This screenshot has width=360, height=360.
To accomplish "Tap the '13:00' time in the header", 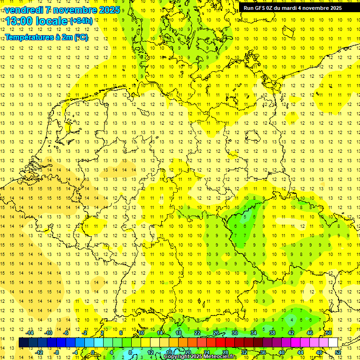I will pyautogui.click(x=19, y=21).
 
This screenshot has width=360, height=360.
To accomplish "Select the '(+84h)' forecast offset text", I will pyautogui.click(x=81, y=21).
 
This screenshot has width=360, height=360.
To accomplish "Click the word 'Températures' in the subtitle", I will pyautogui.click(x=28, y=37).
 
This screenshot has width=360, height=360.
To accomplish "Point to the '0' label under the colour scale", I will pyautogui.click(x=93, y=352).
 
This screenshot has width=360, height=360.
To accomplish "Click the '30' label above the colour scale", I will pyautogui.click(x=234, y=333).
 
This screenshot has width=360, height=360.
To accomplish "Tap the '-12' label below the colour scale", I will pyautogui.click(x=39, y=352).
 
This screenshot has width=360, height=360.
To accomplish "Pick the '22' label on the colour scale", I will pyautogui.click(x=197, y=333).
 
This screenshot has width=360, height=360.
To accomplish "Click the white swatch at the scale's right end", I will pyautogui.click(x=333, y=343).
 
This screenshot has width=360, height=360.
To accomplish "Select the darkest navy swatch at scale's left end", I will pyautogui.click(x=23, y=343).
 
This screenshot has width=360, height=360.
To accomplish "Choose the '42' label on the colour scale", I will pyautogui.click(x=291, y=333).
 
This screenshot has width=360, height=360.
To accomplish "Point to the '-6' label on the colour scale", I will pyautogui.click(x=66, y=333).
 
